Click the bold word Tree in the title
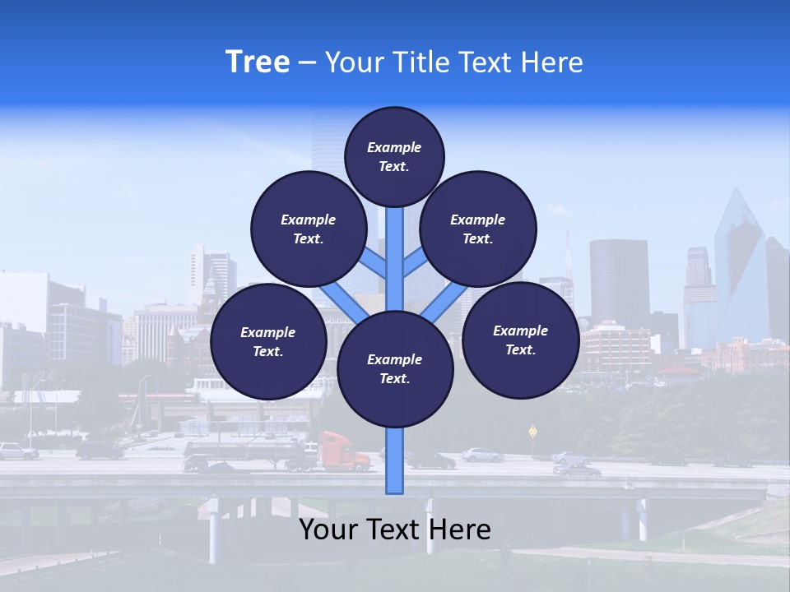tap(258, 62)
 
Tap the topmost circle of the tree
tap(394, 156)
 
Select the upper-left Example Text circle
tap(308, 229)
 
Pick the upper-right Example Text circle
tap(478, 229)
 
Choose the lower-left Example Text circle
tap(268, 342)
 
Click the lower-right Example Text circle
tap(520, 340)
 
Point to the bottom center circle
tap(395, 369)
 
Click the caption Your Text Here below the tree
tap(395, 530)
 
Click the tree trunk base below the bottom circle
tap(395, 469)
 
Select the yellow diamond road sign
tap(532, 431)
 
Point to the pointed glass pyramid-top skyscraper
tap(738, 263)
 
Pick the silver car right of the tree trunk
tap(481, 454)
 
